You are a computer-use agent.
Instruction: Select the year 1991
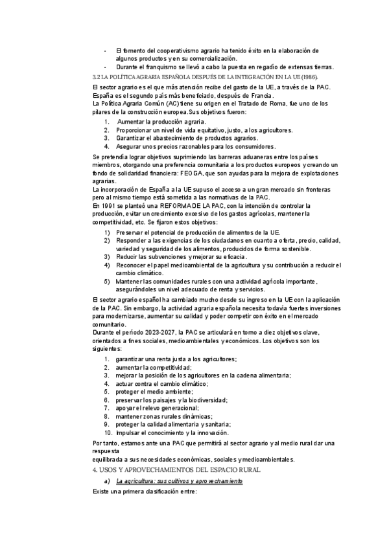click(x=108, y=206)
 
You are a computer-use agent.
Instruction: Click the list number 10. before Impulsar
click(x=107, y=432)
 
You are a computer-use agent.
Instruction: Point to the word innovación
click(x=211, y=432)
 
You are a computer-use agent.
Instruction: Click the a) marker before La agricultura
click(x=106, y=482)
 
